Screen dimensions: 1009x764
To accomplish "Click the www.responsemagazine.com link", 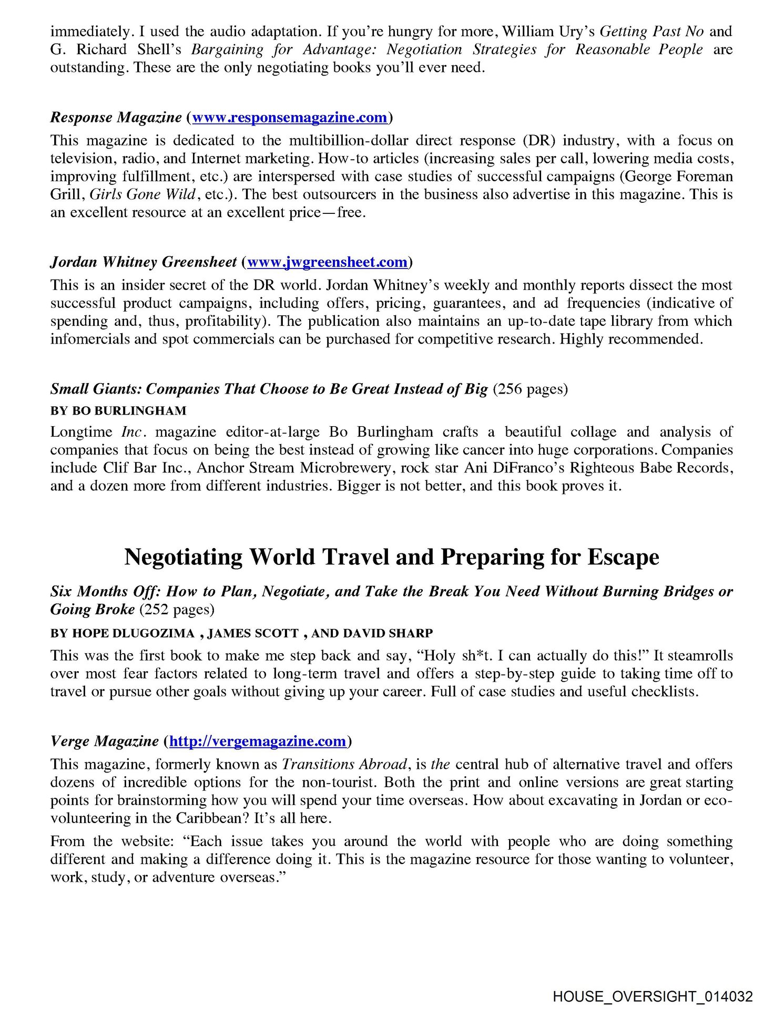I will (x=290, y=117).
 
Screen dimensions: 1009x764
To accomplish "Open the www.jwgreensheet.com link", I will (x=327, y=262).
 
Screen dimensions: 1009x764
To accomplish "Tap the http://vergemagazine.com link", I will (x=258, y=741).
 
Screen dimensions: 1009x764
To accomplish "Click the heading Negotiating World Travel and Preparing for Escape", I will (x=392, y=557).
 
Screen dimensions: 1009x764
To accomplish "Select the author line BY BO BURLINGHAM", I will (x=118, y=410).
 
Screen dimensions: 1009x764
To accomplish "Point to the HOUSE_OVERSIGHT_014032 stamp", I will (x=653, y=996).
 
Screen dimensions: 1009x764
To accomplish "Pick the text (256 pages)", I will (x=530, y=389).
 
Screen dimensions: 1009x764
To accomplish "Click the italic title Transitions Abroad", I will (x=344, y=764).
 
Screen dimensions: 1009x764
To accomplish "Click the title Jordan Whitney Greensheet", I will (x=144, y=262).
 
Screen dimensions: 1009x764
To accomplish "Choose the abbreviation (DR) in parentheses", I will (x=537, y=140).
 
